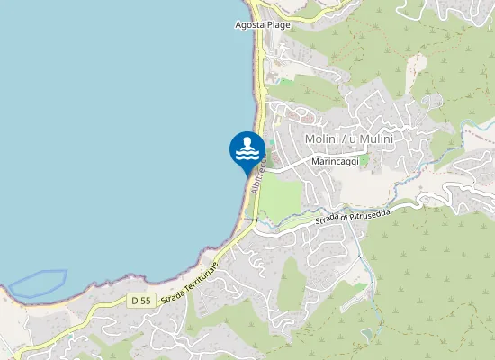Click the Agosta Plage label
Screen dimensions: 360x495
(x=262, y=25)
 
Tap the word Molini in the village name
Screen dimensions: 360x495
(x=321, y=139)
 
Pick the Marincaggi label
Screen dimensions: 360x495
(x=335, y=161)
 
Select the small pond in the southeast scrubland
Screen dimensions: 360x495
(x=366, y=334)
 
